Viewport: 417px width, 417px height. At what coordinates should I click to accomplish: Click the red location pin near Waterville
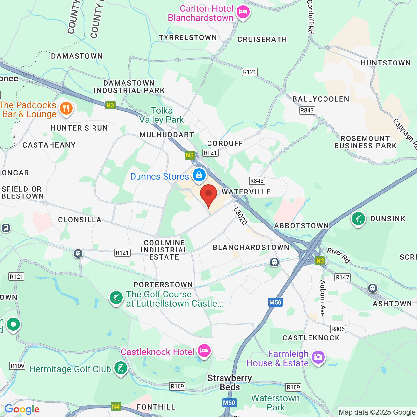pyautogui.click(x=208, y=194)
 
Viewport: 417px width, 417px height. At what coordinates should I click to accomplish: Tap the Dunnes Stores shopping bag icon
pyautogui.click(x=199, y=175)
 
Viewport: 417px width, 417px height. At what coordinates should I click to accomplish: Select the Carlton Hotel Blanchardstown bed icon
pyautogui.click(x=243, y=12)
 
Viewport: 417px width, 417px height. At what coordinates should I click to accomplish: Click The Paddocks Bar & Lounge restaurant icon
pyautogui.click(x=66, y=108)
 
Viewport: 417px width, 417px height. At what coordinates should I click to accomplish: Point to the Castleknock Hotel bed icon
pyautogui.click(x=204, y=351)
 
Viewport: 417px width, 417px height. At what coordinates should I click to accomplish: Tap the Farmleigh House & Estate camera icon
pyautogui.click(x=318, y=357)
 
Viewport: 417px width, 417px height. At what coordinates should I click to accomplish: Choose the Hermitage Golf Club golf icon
pyautogui.click(x=121, y=368)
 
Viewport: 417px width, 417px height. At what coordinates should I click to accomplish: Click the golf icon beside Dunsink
pyautogui.click(x=358, y=219)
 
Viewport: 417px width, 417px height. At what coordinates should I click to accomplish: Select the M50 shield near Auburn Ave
pyautogui.click(x=275, y=302)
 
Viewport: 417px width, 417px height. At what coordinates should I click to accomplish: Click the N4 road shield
pyautogui.click(x=116, y=406)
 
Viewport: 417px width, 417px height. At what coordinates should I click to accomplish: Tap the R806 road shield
pyautogui.click(x=338, y=329)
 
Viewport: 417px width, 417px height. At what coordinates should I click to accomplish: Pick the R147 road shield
pyautogui.click(x=342, y=277)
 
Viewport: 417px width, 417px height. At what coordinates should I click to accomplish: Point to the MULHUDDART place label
pyautogui.click(x=166, y=135)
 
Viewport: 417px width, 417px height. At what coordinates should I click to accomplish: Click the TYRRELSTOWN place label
pyautogui.click(x=188, y=37)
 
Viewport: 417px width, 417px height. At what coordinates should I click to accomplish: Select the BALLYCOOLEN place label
pyautogui.click(x=321, y=99)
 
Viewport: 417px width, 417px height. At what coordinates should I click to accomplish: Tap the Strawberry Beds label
pyautogui.click(x=230, y=382)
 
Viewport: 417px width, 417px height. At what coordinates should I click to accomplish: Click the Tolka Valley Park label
pyautogui.click(x=162, y=115)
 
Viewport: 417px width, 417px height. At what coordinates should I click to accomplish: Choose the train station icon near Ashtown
pyautogui.click(x=373, y=288)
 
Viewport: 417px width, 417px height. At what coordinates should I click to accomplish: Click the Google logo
pyautogui.click(x=22, y=409)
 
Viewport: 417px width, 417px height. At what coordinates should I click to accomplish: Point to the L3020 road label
pyautogui.click(x=240, y=216)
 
